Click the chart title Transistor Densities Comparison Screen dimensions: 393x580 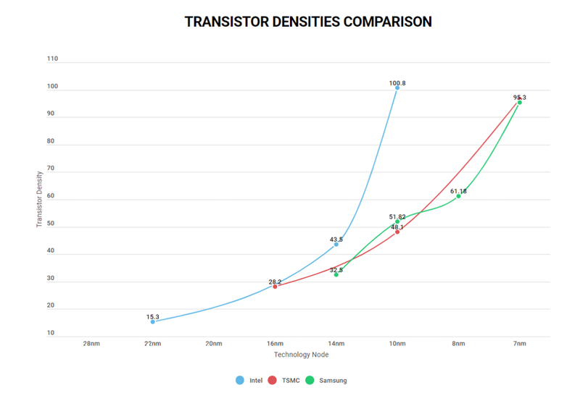point(308,22)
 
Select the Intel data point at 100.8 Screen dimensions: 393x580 point(397,88)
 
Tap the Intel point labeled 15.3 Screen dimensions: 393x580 point(152,321)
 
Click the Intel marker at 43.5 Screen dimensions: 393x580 point(336,245)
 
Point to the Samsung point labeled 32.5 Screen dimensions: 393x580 point(336,274)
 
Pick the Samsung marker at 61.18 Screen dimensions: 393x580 point(458,196)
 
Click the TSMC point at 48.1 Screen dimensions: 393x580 point(397,232)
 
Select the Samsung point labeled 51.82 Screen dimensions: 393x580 point(397,221)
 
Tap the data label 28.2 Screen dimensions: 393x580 point(275,282)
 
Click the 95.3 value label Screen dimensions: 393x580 point(519,97)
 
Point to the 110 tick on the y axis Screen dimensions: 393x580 point(52,59)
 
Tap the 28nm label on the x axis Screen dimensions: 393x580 point(91,344)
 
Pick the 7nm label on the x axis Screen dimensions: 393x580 point(519,344)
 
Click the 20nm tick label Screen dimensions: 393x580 point(213,344)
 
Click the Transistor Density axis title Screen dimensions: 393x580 point(40,199)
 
